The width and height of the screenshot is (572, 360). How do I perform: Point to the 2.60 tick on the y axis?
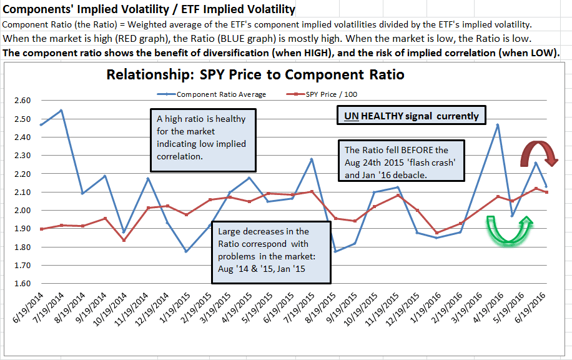(22, 101)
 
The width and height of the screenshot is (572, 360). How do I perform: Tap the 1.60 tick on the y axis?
(22, 283)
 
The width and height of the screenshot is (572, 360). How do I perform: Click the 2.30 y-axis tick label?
(22, 156)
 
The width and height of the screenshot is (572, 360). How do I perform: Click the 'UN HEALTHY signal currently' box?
(412, 116)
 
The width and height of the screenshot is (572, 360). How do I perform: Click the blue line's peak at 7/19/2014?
(61, 110)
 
